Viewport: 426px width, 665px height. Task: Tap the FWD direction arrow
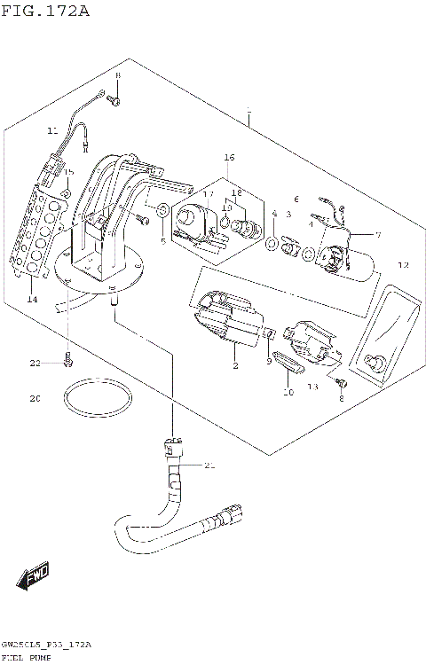(x=35, y=578)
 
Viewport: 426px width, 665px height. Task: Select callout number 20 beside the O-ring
(x=35, y=399)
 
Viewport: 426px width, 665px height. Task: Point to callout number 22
(x=35, y=364)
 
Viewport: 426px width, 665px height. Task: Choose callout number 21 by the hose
(x=209, y=465)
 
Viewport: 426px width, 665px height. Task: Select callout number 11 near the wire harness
(x=51, y=131)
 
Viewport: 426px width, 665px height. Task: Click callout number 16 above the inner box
(x=229, y=157)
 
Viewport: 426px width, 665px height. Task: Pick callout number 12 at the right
(x=403, y=265)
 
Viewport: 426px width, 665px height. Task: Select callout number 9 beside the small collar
(x=268, y=361)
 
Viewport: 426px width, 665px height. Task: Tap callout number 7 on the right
(x=377, y=235)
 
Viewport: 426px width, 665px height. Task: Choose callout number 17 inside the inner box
(x=208, y=193)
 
